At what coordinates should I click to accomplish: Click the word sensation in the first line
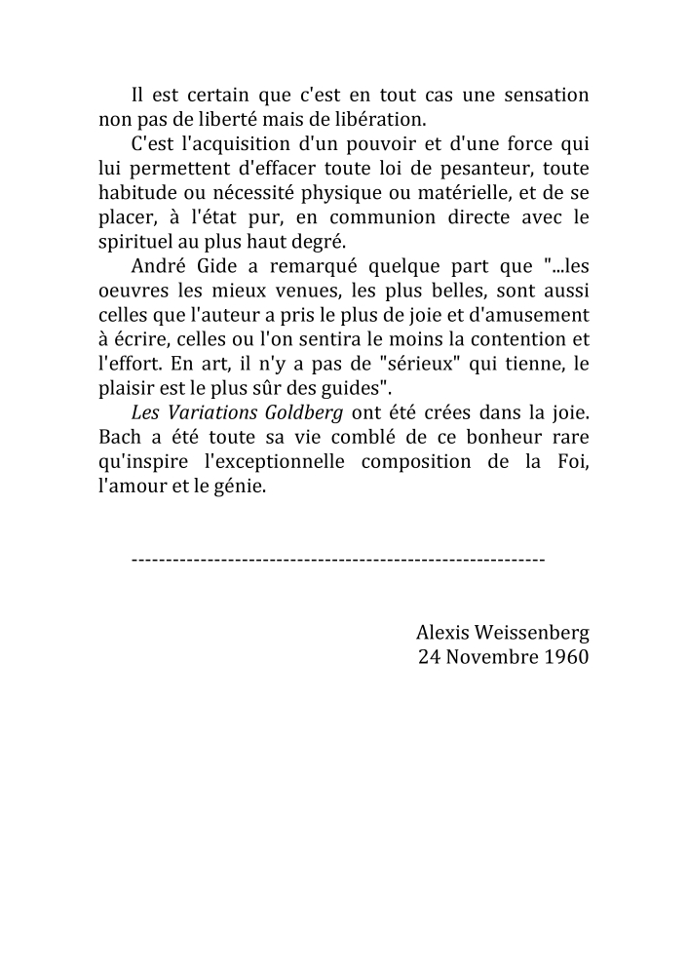click(x=547, y=96)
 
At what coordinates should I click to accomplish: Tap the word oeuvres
click(x=133, y=290)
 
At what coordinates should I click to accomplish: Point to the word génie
click(x=243, y=483)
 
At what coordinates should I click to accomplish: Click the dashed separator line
click(x=337, y=561)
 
